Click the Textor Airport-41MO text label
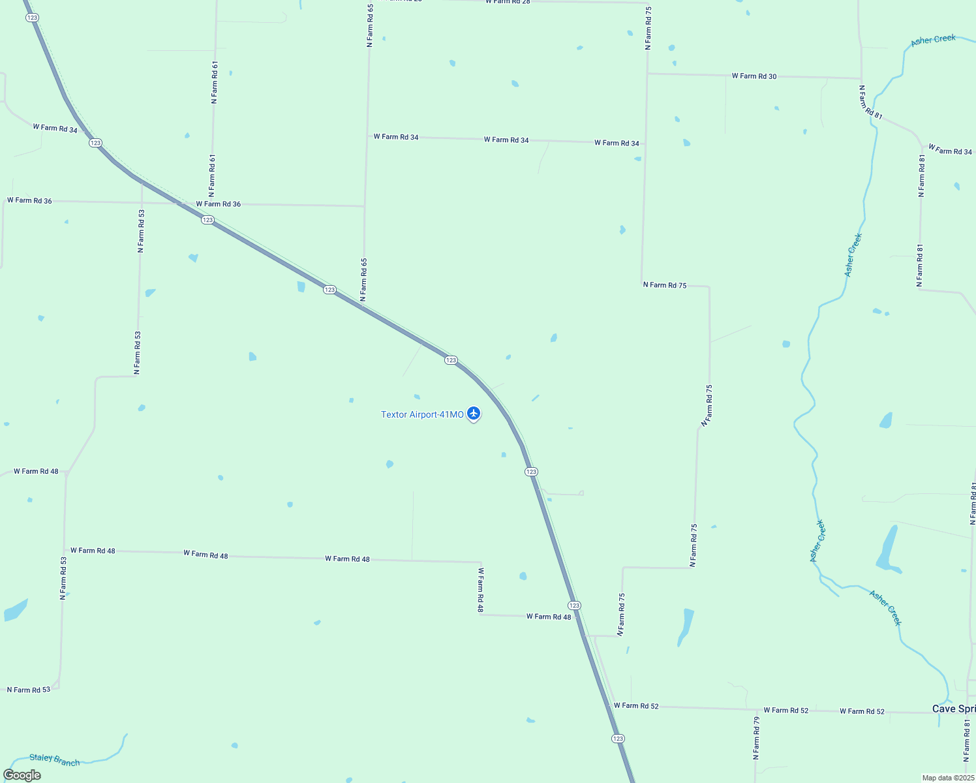(422, 414)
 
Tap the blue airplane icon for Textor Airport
(474, 414)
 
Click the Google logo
(22, 775)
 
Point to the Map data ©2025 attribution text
(947, 778)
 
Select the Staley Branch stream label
(54, 760)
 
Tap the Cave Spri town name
(953, 709)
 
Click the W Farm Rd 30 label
(754, 76)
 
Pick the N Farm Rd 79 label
(756, 738)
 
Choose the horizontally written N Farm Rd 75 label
(665, 285)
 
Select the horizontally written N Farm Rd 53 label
(29, 690)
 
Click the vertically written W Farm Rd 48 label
(481, 590)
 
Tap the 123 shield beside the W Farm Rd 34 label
(96, 143)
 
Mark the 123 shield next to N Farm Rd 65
(329, 290)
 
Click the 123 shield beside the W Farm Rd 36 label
(207, 220)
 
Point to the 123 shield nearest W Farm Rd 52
(618, 739)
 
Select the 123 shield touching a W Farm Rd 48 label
(574, 606)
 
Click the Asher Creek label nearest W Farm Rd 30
(933, 40)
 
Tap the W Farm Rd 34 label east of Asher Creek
(950, 150)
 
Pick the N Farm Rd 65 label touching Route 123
(364, 281)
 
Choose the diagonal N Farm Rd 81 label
(871, 102)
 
